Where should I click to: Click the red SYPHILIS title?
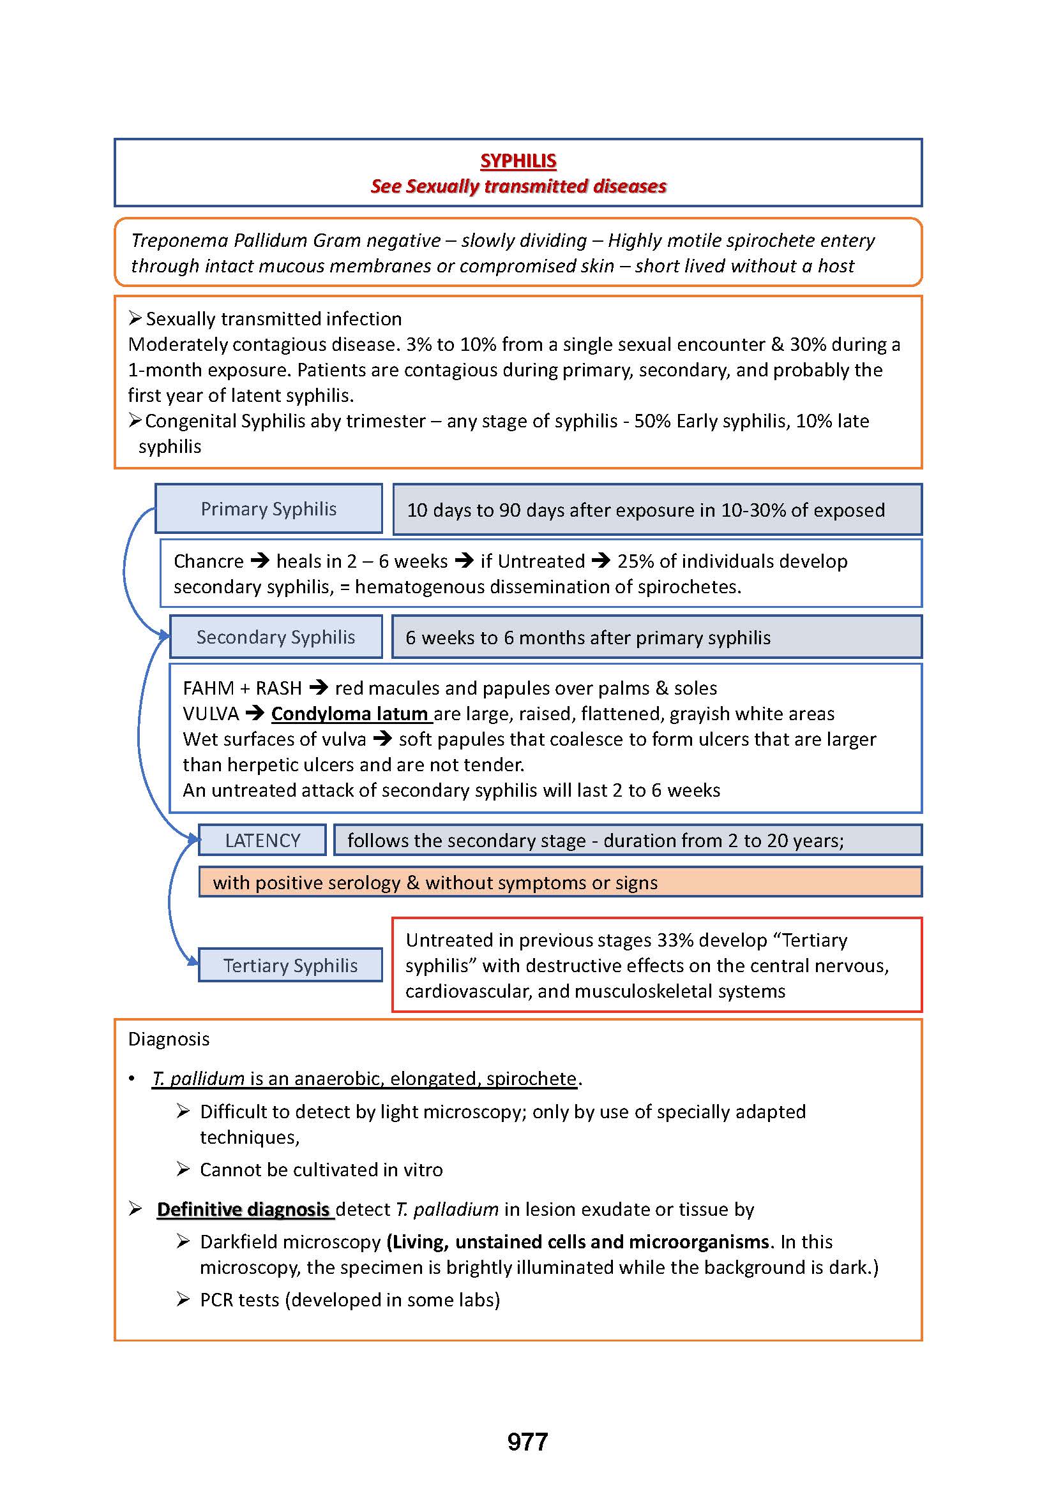tap(518, 161)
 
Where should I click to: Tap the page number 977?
tap(527, 1442)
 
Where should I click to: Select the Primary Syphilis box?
tap(269, 509)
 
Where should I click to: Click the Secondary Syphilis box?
tap(276, 637)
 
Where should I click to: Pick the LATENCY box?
tap(262, 840)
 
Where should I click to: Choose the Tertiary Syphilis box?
tap(290, 966)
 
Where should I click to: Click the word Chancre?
tap(208, 561)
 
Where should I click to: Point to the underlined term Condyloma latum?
tap(349, 714)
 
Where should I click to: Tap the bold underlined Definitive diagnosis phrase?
tap(243, 1209)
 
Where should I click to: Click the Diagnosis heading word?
tap(169, 1039)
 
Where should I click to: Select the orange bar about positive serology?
tap(560, 882)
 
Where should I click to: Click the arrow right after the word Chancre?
tap(260, 561)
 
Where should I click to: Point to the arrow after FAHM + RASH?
tap(319, 688)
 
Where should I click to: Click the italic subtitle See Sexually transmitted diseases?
tap(518, 186)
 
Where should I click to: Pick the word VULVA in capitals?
tap(211, 714)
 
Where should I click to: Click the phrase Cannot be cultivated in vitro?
tap(321, 1170)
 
